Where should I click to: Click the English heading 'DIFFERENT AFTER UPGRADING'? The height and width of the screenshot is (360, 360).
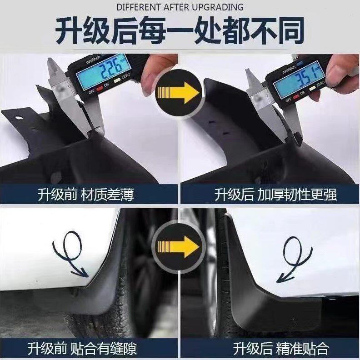click(x=180, y=7)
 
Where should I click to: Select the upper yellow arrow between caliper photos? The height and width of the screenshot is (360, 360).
click(x=179, y=94)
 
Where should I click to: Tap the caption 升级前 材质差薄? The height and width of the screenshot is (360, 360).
click(x=85, y=195)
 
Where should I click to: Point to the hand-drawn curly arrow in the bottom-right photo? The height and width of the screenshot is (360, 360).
click(x=295, y=257)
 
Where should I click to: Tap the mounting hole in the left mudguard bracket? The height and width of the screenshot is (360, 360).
click(x=19, y=119)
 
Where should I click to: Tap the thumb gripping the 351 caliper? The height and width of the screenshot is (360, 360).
click(x=339, y=73)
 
